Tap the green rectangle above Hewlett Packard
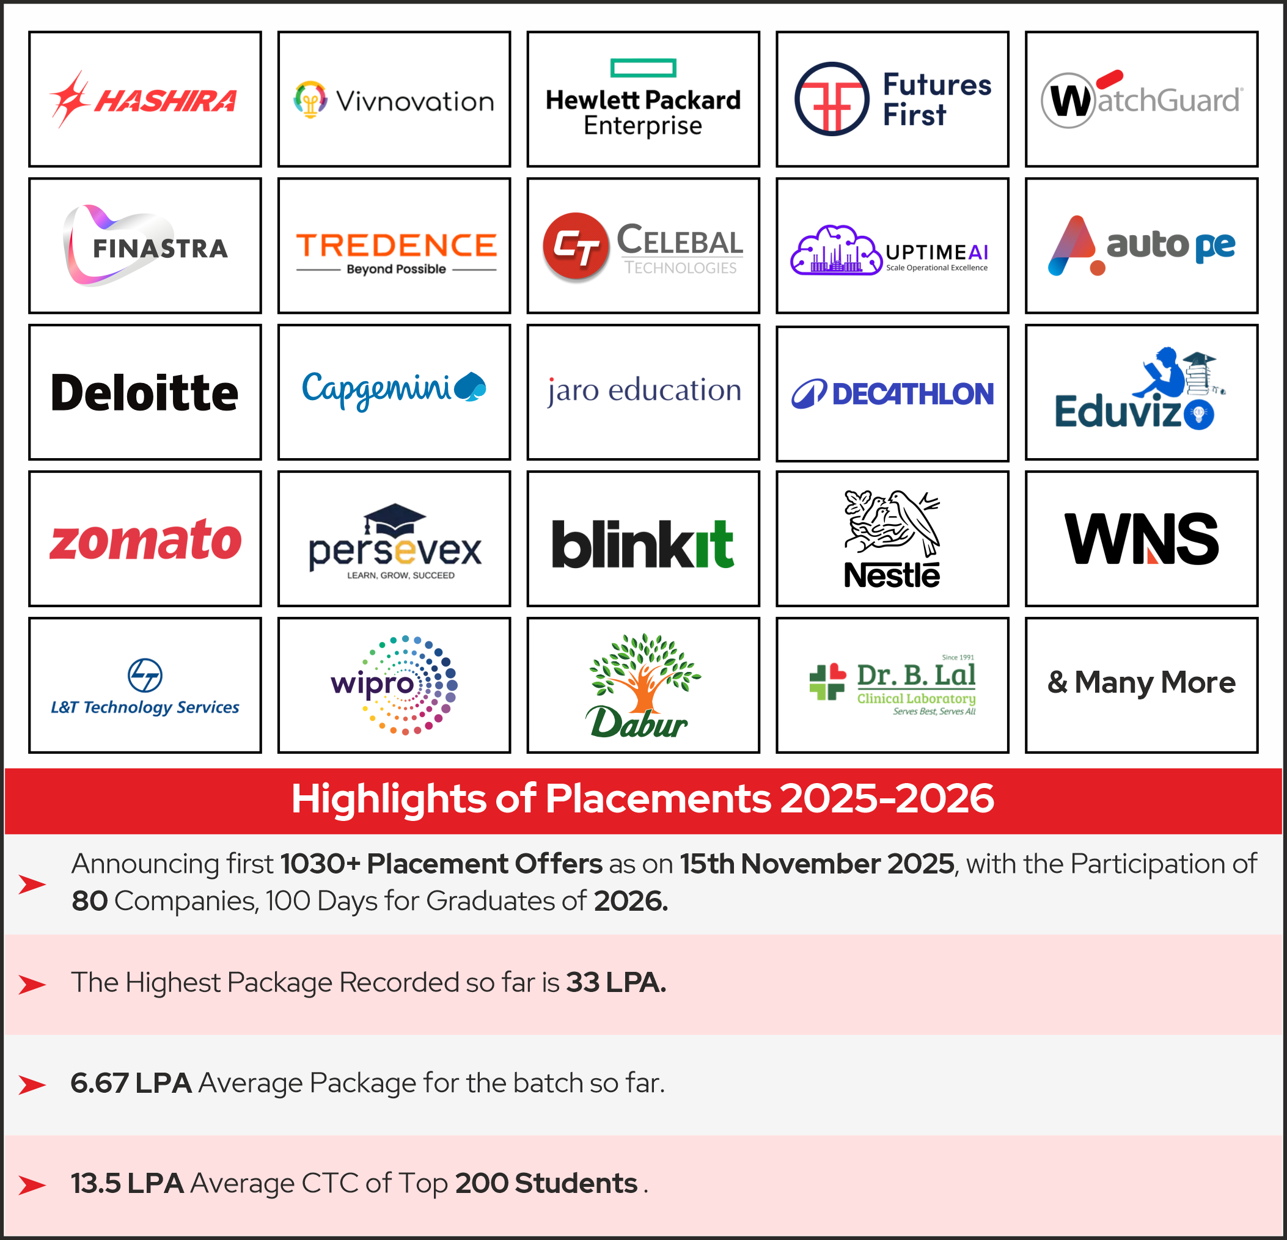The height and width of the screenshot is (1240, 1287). [643, 68]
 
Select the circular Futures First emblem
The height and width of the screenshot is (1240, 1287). [831, 99]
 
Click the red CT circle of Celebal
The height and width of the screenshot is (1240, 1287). [576, 247]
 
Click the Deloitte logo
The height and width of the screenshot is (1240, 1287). [144, 393]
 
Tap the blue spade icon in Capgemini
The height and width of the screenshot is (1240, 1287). [470, 386]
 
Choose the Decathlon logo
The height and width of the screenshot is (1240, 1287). [892, 394]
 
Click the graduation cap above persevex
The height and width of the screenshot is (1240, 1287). [395, 519]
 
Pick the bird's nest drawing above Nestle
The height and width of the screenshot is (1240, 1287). [892, 522]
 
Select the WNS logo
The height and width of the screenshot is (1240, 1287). [1141, 539]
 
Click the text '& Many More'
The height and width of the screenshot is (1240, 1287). [1141, 683]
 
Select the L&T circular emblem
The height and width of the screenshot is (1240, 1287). [145, 675]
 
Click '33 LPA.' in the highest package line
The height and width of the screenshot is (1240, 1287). [615, 983]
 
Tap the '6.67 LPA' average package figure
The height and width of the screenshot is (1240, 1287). [131, 1083]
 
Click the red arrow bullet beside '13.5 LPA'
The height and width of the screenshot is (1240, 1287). [32, 1185]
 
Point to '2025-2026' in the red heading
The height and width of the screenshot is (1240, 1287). [887, 799]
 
